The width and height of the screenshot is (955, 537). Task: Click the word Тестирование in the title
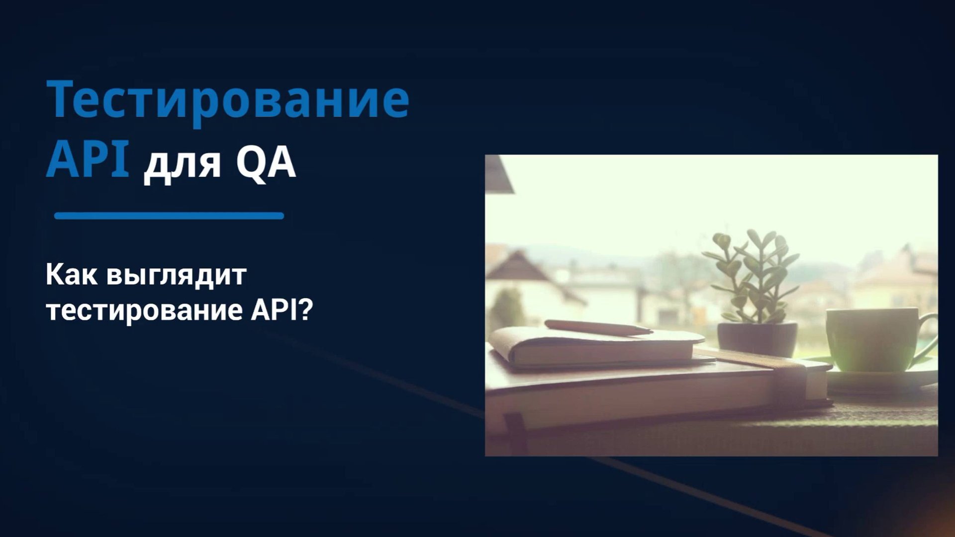point(228,99)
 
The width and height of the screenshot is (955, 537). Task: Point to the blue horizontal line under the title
point(169,216)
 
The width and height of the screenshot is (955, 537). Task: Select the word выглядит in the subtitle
point(177,276)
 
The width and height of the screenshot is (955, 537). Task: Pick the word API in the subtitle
point(273,310)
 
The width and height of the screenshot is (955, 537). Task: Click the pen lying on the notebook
point(597,327)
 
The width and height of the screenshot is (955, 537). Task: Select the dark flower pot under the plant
point(757,339)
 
